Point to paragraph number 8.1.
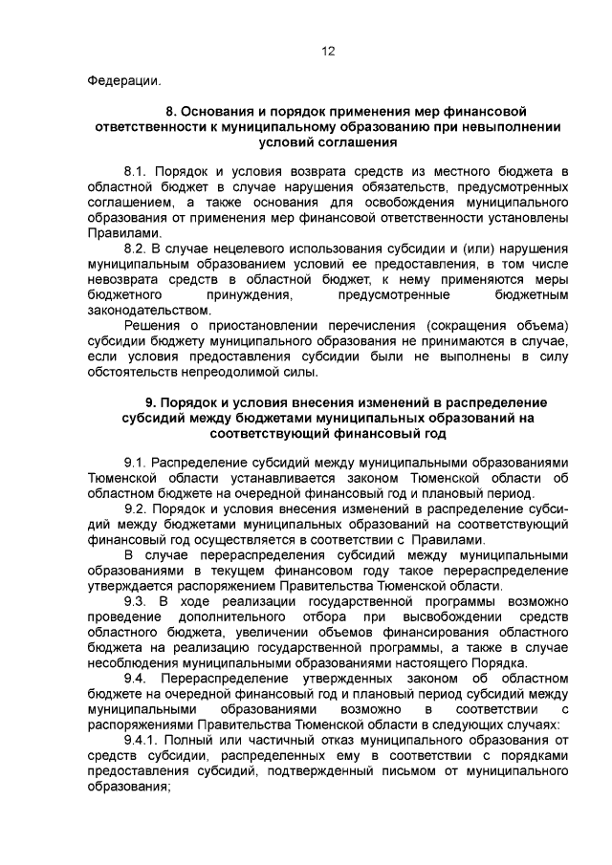pyautogui.click(x=138, y=169)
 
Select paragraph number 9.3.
pyautogui.click(x=138, y=601)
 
